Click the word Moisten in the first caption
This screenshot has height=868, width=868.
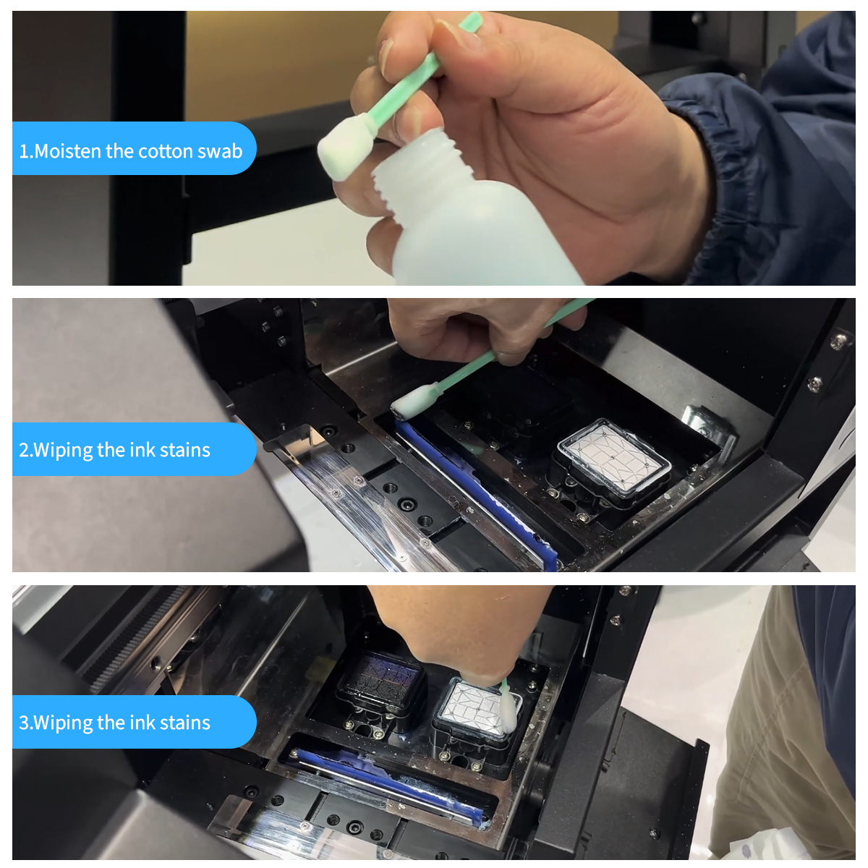67,151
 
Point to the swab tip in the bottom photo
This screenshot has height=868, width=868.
508,712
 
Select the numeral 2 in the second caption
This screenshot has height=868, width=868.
23,450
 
